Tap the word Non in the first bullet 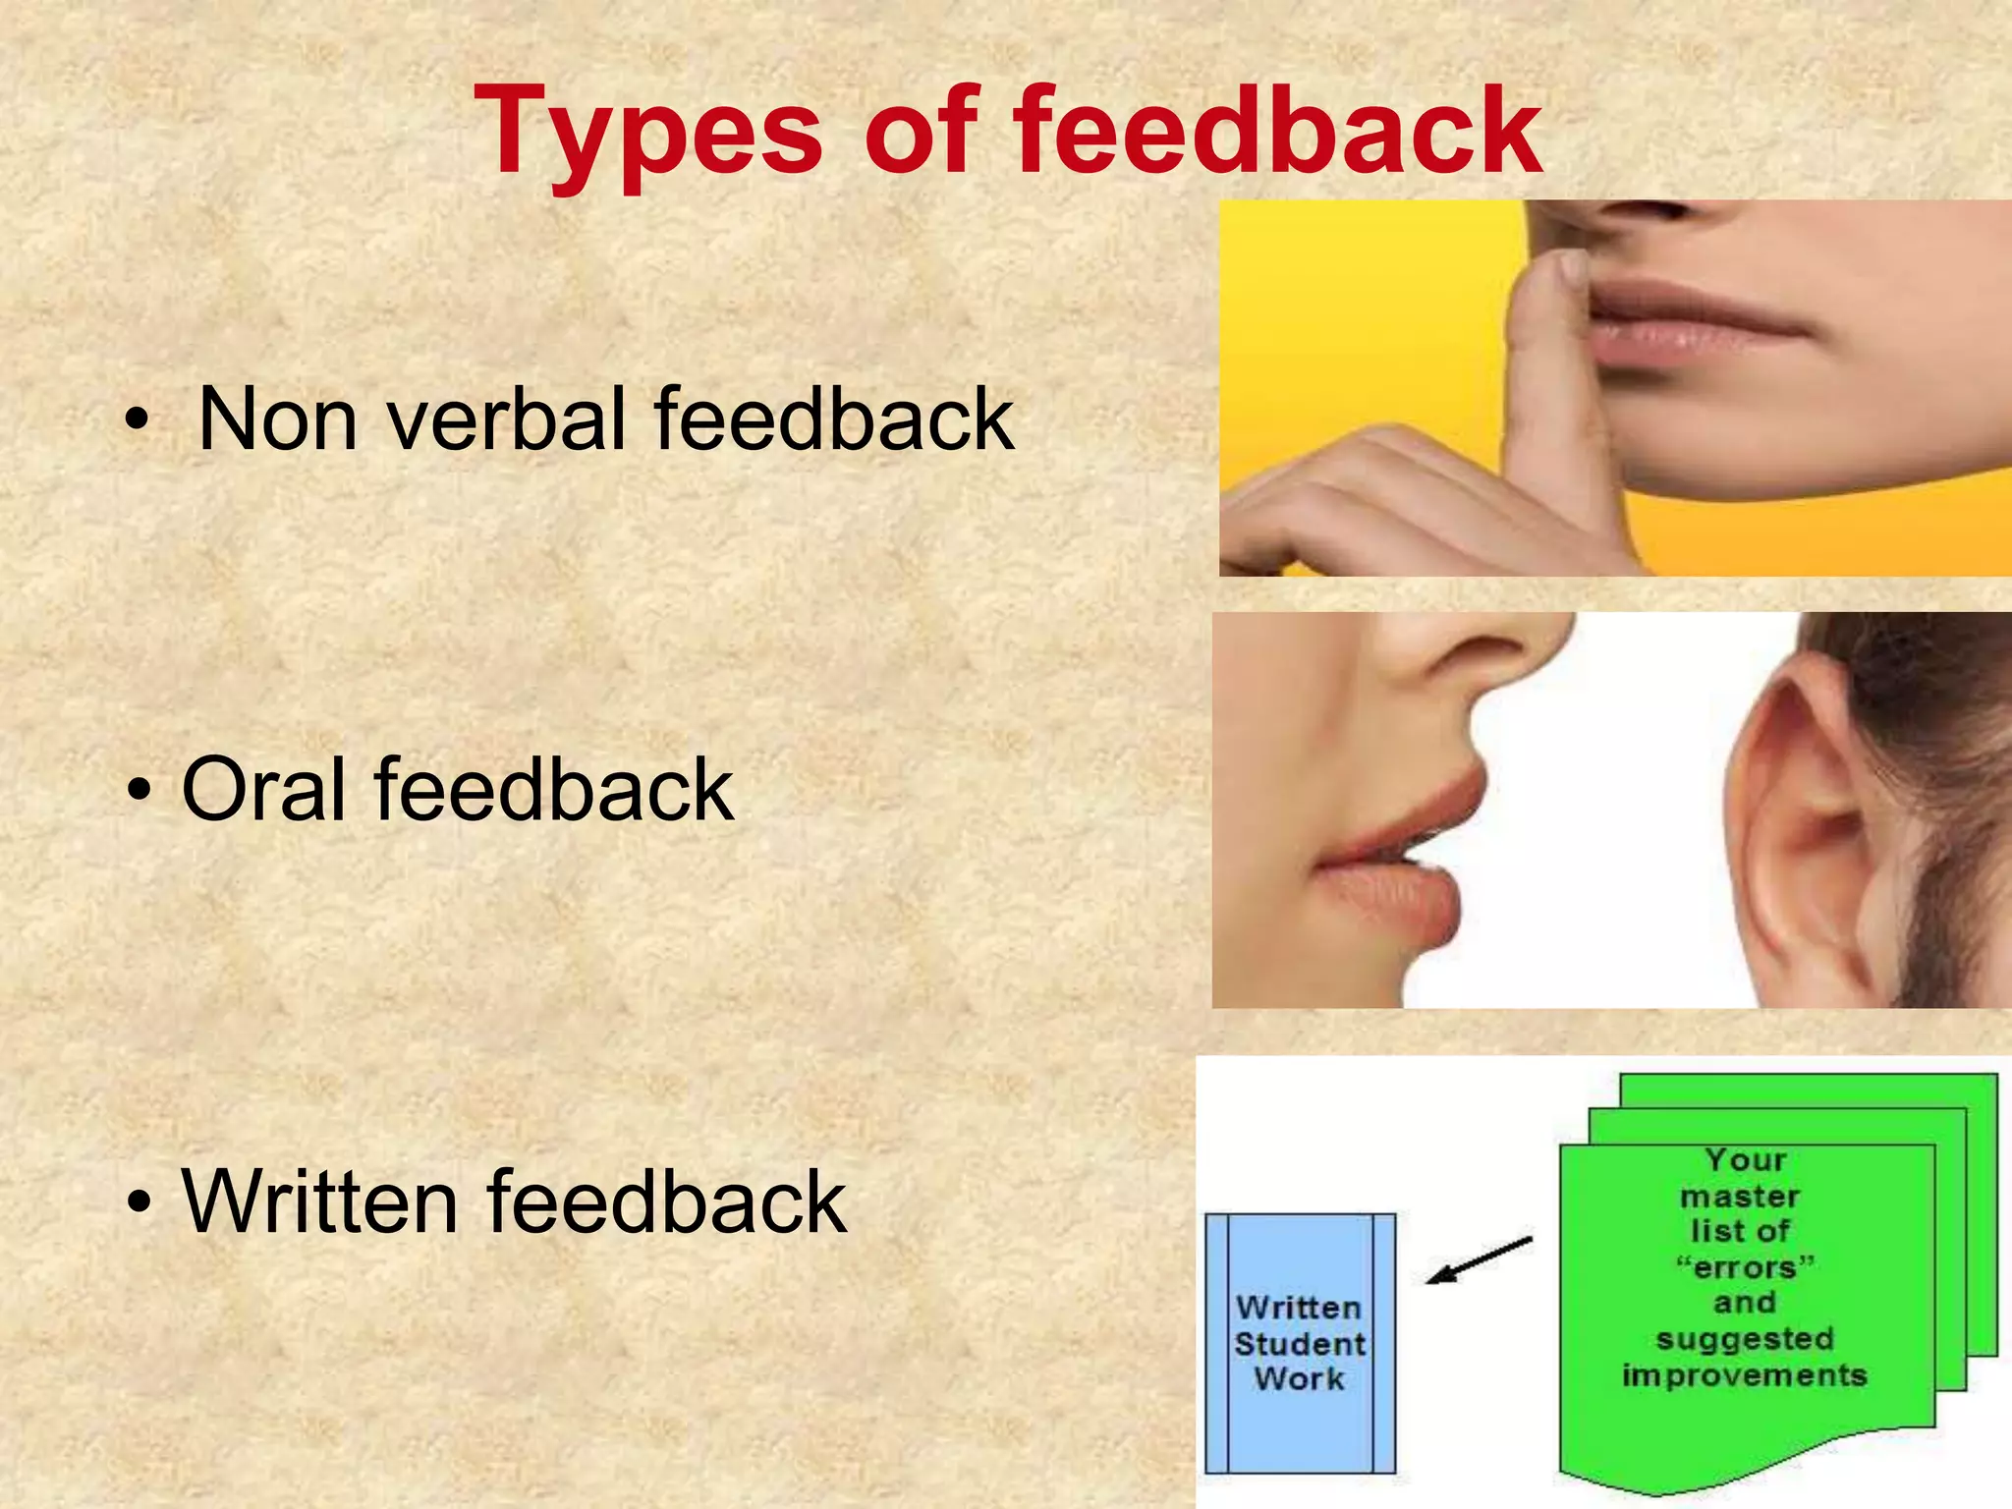(277, 419)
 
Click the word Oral (263, 790)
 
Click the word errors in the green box (1744, 1267)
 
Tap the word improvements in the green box (1744, 1375)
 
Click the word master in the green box (1740, 1197)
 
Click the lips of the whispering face (1395, 865)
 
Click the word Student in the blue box (1299, 1344)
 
